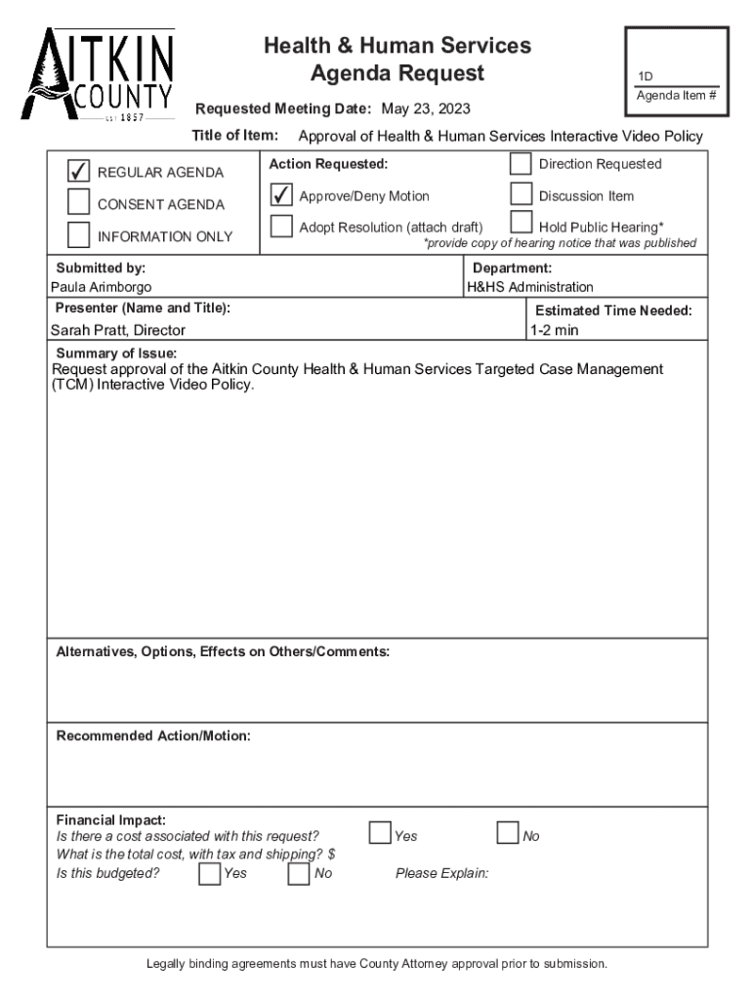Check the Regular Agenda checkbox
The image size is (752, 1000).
(78, 172)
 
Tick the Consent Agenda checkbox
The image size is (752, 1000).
(78, 203)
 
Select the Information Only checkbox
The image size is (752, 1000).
(78, 235)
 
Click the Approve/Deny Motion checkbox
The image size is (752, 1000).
(281, 195)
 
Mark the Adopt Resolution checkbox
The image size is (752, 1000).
(281, 227)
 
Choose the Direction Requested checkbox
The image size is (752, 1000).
(522, 164)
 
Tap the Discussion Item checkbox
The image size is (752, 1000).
(522, 195)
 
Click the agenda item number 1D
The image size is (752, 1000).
(646, 77)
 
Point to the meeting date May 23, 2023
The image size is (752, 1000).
(426, 107)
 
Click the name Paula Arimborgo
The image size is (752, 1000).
(102, 287)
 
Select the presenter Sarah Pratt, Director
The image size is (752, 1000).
(118, 330)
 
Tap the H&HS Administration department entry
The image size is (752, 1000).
(529, 287)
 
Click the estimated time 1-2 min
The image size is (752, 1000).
(554, 330)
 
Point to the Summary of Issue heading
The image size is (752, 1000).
(116, 354)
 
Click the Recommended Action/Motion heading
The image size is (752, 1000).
(153, 735)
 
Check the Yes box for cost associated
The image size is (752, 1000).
(379, 833)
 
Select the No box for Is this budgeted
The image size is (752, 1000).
(299, 873)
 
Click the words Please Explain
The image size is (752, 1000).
(441, 873)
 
